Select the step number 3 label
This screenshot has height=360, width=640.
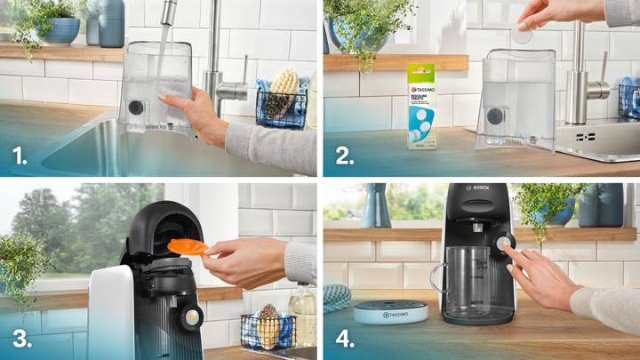pos(19,339)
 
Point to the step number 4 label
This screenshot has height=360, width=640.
pos(344,339)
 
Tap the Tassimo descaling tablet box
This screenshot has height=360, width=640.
pos(421,105)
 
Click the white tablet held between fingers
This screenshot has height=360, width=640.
pos(522,35)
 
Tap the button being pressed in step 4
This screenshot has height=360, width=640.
pos(505,244)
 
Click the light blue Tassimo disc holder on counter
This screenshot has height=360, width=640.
pos(390,311)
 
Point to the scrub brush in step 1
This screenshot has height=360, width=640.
pos(284,88)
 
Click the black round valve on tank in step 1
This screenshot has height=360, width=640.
pos(136,108)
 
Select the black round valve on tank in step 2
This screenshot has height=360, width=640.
pos(494,116)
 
